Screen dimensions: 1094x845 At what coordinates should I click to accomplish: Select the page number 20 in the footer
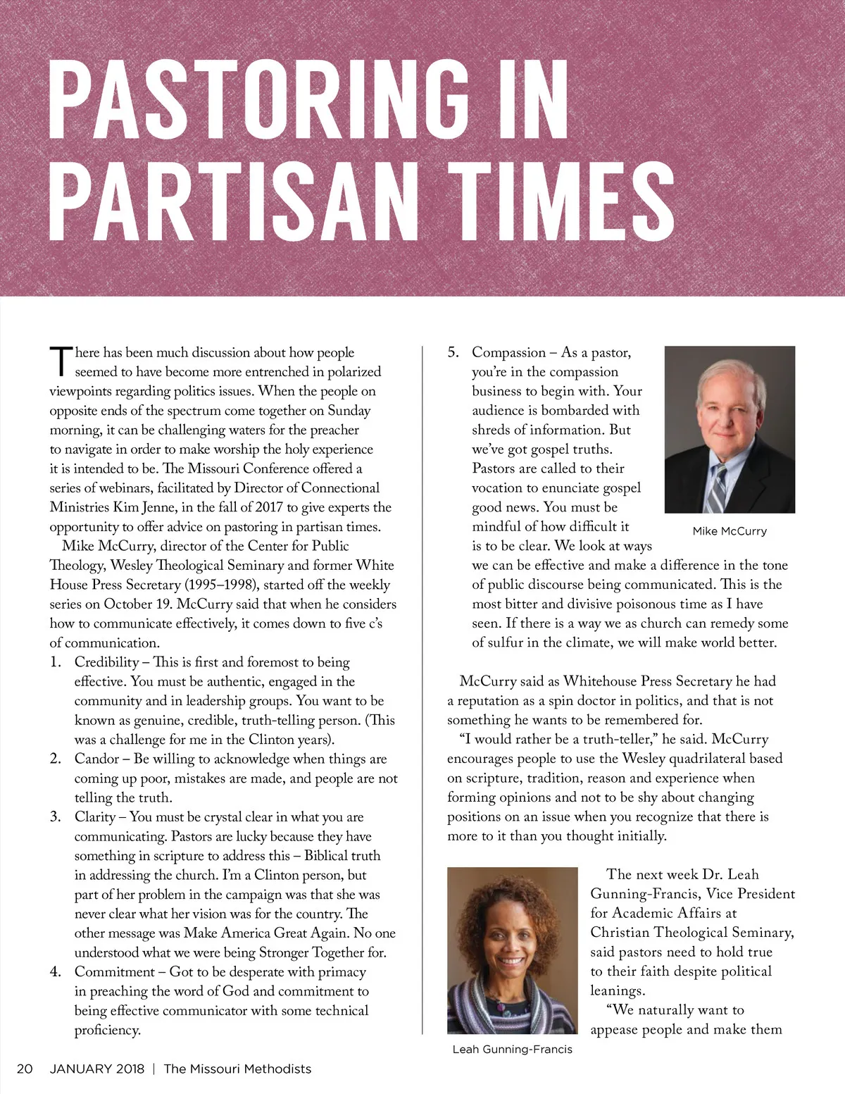[x=25, y=1069]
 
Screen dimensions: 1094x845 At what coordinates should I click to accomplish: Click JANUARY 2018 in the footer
[x=96, y=1069]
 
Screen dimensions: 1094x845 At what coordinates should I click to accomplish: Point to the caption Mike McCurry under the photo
[x=730, y=531]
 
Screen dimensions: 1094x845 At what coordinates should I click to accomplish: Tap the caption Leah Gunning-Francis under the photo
[x=512, y=1050]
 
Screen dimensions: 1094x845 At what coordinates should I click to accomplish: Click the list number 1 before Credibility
[x=55, y=662]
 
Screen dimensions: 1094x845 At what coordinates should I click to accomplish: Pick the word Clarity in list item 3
[x=95, y=817]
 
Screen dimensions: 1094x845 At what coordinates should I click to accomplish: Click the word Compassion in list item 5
[x=508, y=352]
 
